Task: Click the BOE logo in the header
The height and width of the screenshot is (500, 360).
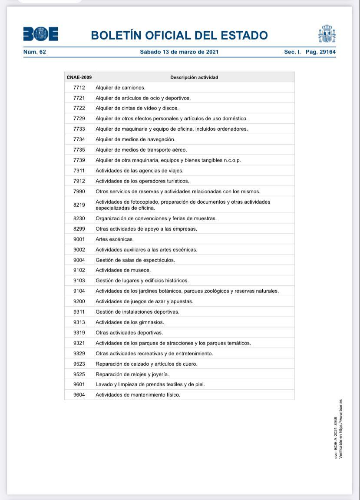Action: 40,34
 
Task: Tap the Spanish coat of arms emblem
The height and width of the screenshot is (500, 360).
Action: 327,34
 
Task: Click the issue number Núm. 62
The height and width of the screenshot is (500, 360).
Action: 35,52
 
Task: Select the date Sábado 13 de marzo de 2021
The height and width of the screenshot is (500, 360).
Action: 179,52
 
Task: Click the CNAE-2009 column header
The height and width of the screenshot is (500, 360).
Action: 79,77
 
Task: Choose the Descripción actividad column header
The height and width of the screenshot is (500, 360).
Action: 194,77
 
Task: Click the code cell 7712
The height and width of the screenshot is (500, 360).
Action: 79,88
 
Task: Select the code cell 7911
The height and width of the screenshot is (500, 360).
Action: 79,171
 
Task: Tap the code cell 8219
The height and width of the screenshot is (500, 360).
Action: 79,205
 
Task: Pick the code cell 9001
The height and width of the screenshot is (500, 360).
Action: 79,239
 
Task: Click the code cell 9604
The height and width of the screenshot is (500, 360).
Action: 79,395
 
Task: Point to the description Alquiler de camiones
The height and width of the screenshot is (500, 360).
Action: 120,88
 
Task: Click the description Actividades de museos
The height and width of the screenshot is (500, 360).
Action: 123,270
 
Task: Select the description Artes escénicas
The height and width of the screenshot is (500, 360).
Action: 115,239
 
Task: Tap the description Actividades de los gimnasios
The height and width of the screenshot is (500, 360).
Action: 130,322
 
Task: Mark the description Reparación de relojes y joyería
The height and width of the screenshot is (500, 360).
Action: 132,374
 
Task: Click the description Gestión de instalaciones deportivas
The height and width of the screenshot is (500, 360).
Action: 137,312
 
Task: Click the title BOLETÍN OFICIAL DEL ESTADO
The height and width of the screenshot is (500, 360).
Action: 179,35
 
